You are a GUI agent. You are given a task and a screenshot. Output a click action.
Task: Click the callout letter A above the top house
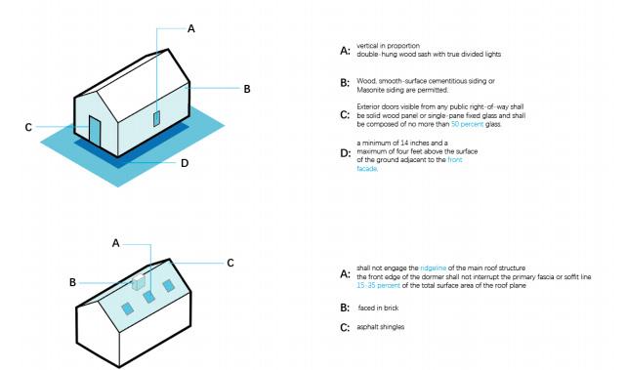pos(191,28)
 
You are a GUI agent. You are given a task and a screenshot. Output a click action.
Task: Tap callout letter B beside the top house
pos(247,89)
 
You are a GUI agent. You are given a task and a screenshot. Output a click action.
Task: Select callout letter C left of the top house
pos(28,127)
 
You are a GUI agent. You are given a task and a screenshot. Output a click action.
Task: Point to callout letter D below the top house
pos(184,163)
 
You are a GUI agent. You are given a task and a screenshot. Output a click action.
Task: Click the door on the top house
pos(95,131)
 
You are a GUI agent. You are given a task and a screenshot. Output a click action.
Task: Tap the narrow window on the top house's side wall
pos(157,118)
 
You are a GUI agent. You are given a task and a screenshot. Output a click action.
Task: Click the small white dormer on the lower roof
pos(139,282)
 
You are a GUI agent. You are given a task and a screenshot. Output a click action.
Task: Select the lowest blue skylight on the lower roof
pos(127,308)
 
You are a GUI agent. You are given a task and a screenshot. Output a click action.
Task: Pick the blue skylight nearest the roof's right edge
pos(168,285)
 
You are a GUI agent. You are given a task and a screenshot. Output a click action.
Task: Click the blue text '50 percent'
pos(467,124)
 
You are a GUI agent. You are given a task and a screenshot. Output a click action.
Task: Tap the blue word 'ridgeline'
pos(434,268)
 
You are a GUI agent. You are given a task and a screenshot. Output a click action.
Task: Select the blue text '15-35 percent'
pos(378,286)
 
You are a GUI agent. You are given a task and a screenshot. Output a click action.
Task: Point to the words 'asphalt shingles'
pos(381,327)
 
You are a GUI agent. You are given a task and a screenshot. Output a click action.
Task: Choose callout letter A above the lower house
pos(116,243)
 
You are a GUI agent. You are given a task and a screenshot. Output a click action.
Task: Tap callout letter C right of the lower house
pos(230,263)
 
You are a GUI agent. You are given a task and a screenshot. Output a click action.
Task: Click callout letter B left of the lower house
pos(72,282)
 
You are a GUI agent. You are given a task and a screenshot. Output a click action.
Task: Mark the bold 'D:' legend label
pos(346,153)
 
